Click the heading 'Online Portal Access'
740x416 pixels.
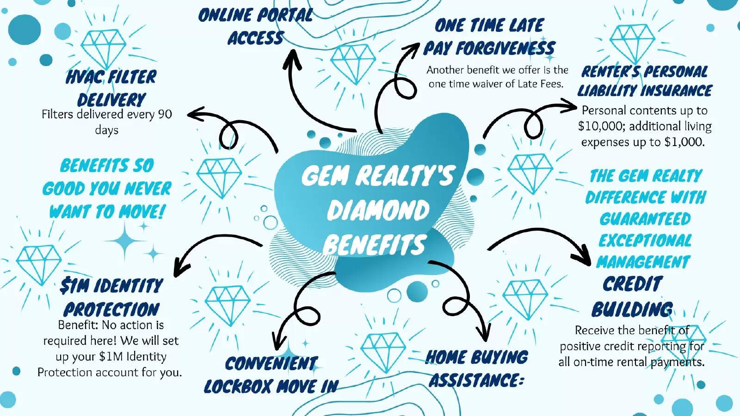click(255, 26)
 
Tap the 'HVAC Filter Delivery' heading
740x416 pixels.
click(111, 88)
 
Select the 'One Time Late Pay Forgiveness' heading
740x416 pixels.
click(489, 37)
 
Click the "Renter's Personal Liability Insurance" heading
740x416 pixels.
click(645, 81)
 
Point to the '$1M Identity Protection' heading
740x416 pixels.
click(111, 297)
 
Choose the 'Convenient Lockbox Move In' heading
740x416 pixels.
click(271, 375)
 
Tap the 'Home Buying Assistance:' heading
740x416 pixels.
click(476, 369)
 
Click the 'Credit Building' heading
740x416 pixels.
click(632, 296)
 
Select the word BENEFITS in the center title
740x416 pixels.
click(375, 245)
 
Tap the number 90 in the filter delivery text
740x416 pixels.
click(165, 114)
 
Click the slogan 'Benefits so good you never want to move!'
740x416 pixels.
click(107, 189)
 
